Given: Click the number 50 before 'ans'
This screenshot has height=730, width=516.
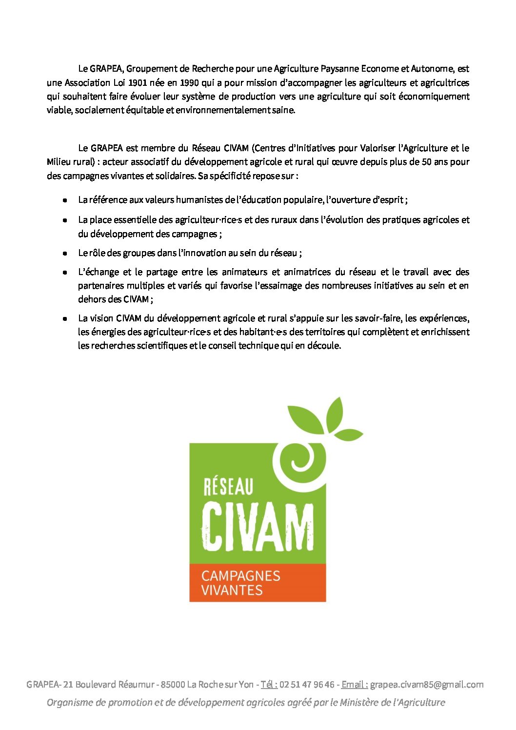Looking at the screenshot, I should [x=426, y=161].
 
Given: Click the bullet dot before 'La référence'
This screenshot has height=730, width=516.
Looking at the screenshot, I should [x=64, y=200].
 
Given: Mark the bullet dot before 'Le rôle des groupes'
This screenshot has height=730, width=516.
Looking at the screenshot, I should [x=64, y=253].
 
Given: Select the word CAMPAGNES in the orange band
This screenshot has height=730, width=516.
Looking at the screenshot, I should [x=240, y=575].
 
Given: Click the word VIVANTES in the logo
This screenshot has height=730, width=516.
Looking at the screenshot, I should [x=232, y=590].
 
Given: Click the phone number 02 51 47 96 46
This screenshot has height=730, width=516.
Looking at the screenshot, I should [x=307, y=684].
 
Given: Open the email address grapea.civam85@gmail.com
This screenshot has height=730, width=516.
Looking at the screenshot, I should [x=427, y=684].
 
